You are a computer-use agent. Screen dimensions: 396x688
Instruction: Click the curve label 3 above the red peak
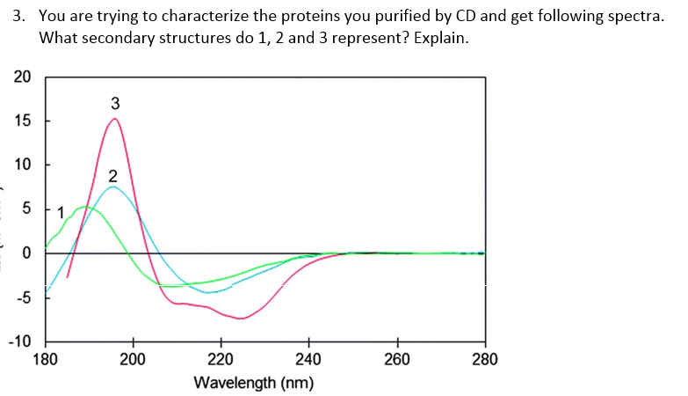[x=115, y=103]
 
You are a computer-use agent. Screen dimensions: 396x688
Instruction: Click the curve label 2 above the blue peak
[x=112, y=173]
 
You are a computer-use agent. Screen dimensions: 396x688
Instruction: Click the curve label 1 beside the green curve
[x=60, y=212]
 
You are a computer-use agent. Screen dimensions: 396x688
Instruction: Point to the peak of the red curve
[x=114, y=119]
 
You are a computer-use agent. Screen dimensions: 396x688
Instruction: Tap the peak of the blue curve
[x=112, y=187]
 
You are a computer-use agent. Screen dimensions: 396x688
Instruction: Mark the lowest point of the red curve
[x=241, y=319]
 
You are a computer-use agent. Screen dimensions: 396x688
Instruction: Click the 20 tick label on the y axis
[x=22, y=77]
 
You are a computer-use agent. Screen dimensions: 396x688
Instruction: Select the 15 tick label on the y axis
[x=22, y=121]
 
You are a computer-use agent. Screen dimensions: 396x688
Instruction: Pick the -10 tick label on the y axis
[x=19, y=341]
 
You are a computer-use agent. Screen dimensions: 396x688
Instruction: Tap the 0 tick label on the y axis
[x=26, y=253]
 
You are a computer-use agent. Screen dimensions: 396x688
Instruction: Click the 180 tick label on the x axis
[x=46, y=359]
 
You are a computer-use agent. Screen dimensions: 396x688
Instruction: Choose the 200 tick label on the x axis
[x=133, y=359]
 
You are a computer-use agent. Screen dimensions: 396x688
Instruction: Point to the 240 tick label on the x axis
[x=308, y=359]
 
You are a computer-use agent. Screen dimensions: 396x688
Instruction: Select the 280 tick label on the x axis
[x=484, y=359]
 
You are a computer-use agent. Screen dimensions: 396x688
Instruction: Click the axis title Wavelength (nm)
[x=254, y=383]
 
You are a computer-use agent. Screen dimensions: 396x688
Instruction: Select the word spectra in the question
[x=635, y=18]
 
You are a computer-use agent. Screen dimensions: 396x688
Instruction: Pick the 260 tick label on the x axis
[x=396, y=359]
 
